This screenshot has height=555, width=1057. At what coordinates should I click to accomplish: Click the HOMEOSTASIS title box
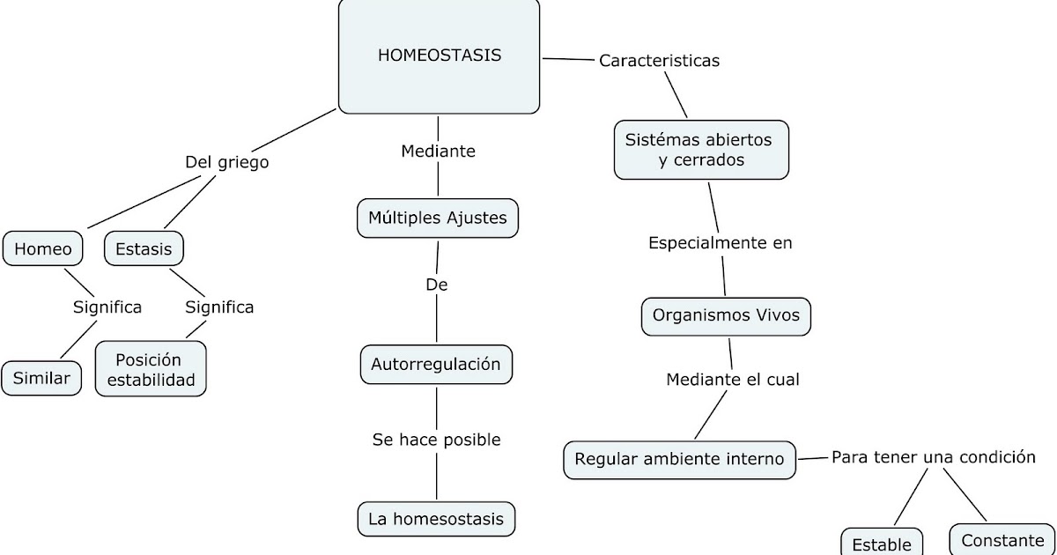(x=439, y=56)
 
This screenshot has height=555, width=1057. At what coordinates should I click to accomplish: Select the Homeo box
(x=43, y=249)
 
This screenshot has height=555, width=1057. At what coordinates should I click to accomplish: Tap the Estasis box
(x=144, y=249)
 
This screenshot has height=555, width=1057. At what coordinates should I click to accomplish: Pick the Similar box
(x=41, y=378)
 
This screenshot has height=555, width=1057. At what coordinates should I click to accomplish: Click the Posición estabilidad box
(x=151, y=369)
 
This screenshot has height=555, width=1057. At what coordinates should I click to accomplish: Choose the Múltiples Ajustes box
(x=438, y=218)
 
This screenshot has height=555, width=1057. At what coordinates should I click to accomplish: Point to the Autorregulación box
(x=436, y=364)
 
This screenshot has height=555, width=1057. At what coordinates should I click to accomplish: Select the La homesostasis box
(x=436, y=519)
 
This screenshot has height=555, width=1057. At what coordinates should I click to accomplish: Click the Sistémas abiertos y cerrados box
(x=700, y=150)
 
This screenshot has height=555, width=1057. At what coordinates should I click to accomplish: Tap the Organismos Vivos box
(x=726, y=315)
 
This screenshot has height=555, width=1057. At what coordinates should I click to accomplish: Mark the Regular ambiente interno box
(x=679, y=459)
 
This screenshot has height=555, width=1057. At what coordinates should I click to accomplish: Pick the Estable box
(x=882, y=542)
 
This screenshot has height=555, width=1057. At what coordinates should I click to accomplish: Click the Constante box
(x=1002, y=540)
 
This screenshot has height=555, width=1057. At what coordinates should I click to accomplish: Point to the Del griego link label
(x=226, y=162)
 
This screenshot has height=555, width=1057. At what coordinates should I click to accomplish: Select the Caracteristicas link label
(x=659, y=61)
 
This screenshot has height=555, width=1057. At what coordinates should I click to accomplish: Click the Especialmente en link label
(x=721, y=243)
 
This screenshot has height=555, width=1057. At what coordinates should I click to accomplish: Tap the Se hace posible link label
(x=436, y=439)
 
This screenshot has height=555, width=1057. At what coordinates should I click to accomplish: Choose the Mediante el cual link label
(x=733, y=380)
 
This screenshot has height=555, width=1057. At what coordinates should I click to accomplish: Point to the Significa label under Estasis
(x=219, y=307)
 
